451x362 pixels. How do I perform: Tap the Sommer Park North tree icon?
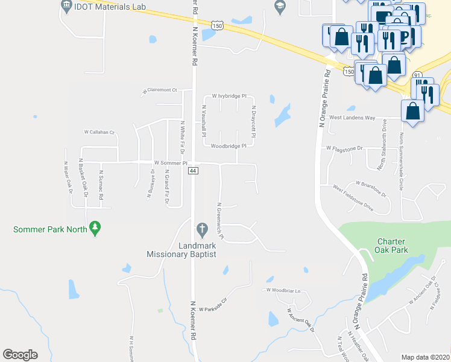(x=95, y=228)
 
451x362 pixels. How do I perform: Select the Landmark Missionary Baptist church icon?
(x=202, y=229)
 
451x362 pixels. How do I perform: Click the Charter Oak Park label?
(x=389, y=245)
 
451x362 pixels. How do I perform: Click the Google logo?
(x=20, y=355)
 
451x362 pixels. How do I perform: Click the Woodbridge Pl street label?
(x=229, y=146)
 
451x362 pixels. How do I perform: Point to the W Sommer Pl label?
(x=171, y=163)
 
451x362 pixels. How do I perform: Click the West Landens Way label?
(x=352, y=118)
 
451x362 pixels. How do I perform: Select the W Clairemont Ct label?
(x=159, y=91)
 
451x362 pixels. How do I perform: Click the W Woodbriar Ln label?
(x=283, y=290)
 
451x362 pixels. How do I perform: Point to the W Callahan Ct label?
(x=99, y=132)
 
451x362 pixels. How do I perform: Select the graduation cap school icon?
(x=279, y=7)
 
